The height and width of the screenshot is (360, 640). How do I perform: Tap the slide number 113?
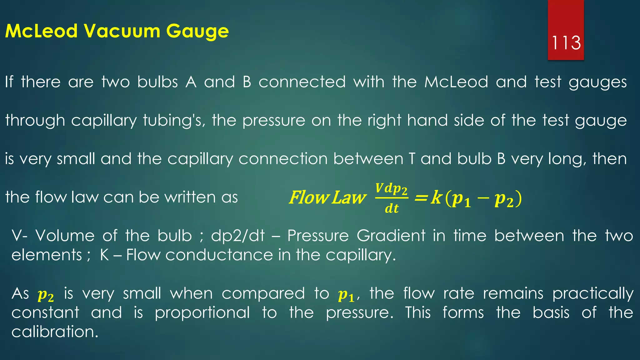pos(566,43)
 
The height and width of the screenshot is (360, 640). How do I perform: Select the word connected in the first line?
pos(302,82)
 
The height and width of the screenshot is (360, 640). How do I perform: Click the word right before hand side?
pos(384,121)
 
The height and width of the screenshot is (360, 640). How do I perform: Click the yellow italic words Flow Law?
pos(327,198)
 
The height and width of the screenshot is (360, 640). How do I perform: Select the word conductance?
pos(219,255)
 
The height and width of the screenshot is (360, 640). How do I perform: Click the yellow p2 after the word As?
pos(46,295)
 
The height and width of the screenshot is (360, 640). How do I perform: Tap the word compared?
pos(263,294)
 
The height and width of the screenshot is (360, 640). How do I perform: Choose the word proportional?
pos(202,313)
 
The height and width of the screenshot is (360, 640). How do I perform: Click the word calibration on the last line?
pos(55,332)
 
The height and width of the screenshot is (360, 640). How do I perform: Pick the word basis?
pos(551,313)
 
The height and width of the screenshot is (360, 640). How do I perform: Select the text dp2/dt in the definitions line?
pos(238,236)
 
